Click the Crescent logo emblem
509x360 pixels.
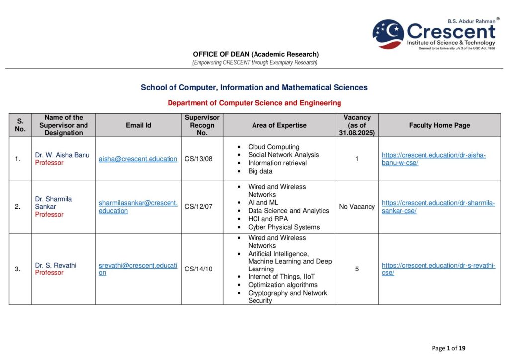(x=388, y=34)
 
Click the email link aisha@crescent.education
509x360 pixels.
(x=138, y=159)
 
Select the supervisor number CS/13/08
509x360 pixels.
(x=198, y=159)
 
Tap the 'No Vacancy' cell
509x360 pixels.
(x=357, y=207)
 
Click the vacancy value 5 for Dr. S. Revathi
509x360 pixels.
(x=357, y=269)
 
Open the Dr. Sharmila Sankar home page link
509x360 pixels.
(x=438, y=207)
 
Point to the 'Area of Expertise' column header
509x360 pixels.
(x=279, y=125)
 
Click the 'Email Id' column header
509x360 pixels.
(x=138, y=125)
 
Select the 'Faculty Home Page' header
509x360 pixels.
(x=439, y=125)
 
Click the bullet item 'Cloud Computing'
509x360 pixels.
(x=273, y=147)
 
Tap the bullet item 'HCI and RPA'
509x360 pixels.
(x=267, y=219)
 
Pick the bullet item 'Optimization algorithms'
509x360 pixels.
(x=282, y=285)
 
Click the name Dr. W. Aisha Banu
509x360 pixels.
(x=62, y=155)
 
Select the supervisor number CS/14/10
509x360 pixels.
(x=198, y=269)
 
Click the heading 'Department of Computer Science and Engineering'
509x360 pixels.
(x=254, y=103)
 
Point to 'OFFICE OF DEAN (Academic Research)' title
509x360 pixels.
(x=255, y=54)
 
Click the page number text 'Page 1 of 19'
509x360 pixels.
(x=449, y=348)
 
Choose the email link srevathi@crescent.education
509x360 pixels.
(x=138, y=269)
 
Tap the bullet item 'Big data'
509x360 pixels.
(x=260, y=171)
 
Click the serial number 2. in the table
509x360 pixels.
(x=18, y=207)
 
